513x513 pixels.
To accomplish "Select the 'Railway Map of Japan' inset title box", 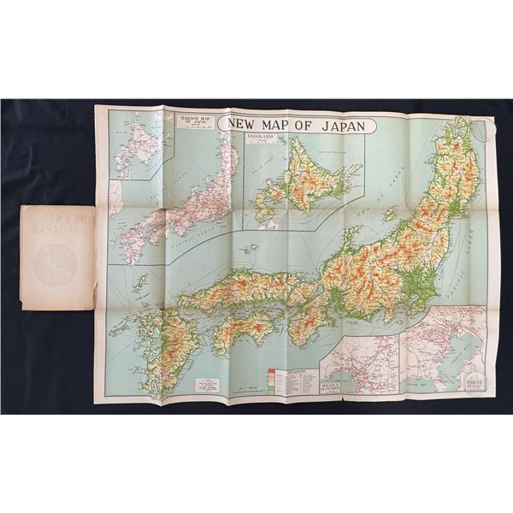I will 196,120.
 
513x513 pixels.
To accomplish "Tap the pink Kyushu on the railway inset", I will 133,248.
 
